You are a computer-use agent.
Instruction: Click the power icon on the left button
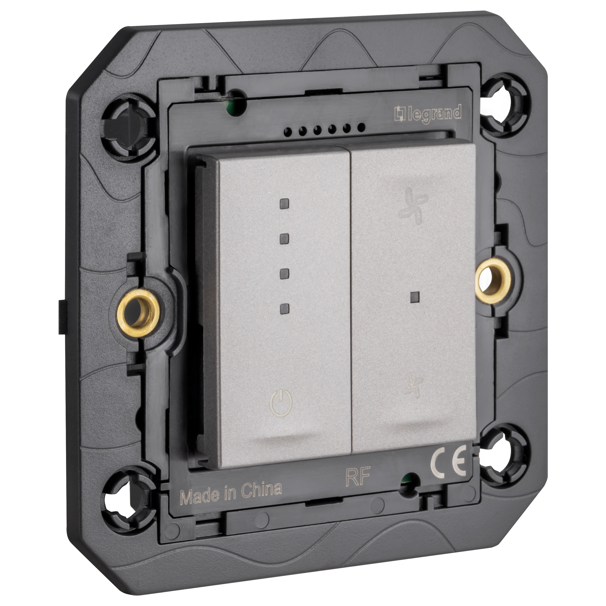click(281, 402)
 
